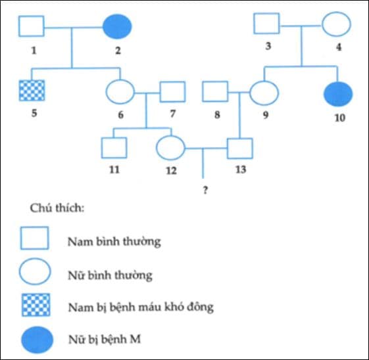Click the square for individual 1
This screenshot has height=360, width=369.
pos(31,27)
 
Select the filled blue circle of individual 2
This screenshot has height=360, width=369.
pos(117,27)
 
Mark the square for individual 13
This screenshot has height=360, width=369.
pos(240,147)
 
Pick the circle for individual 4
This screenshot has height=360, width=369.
pos(336,24)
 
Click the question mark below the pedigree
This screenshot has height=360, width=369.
pos(205,189)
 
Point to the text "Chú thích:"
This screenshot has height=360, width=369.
pos(56,208)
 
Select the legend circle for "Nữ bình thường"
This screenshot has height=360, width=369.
pos(35,272)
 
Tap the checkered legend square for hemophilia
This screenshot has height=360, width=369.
pos(35,305)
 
